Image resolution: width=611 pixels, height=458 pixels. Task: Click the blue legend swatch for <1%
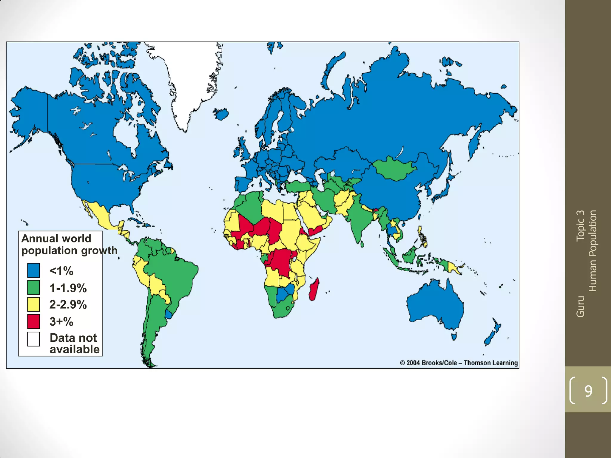click(33, 270)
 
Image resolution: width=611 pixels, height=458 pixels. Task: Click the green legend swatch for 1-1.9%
click(33, 287)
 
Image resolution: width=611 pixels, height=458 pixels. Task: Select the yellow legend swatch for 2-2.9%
click(33, 304)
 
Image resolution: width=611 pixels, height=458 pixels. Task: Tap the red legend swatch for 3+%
click(33, 321)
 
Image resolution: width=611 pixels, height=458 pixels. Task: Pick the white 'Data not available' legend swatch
click(33, 339)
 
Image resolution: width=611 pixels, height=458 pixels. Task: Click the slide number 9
click(588, 391)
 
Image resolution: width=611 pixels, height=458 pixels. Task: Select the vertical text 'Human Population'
click(593, 250)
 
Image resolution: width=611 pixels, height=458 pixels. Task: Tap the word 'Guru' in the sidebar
click(580, 306)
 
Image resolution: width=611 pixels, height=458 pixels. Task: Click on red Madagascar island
click(314, 289)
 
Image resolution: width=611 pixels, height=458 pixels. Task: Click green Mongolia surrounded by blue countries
click(394, 168)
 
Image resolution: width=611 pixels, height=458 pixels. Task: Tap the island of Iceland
click(221, 114)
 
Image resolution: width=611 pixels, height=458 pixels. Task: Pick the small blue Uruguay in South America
click(169, 314)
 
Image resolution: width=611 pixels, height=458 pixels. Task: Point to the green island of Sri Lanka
click(362, 244)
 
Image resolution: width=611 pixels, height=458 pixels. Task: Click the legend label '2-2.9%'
click(68, 304)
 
